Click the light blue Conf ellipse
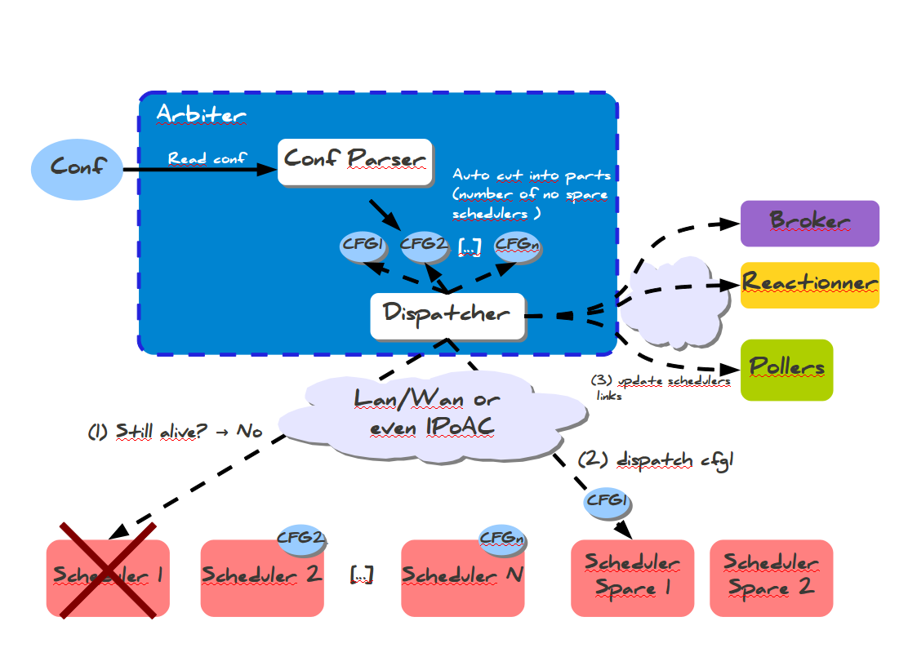(77, 167)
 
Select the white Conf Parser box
(354, 161)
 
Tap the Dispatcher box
(447, 316)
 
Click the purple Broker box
(809, 223)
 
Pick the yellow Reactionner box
(809, 285)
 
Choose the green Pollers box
(786, 370)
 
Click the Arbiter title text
(201, 115)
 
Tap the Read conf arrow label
(207, 158)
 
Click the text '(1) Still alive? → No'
(175, 431)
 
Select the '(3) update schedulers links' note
(660, 388)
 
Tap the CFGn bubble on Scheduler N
(501, 538)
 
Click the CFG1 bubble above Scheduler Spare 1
(606, 500)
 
